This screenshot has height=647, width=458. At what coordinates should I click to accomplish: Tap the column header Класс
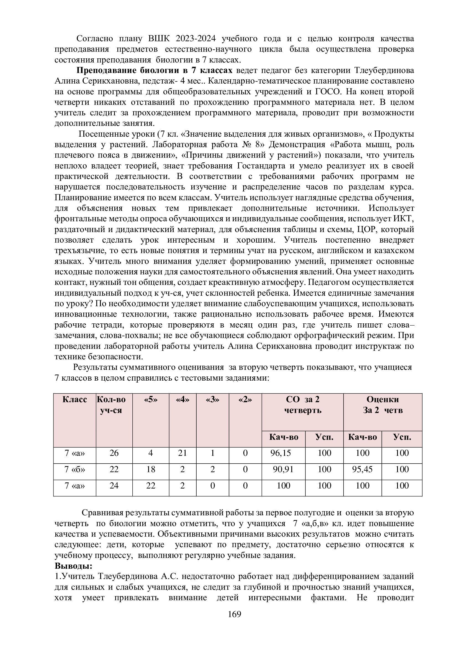coord(75,400)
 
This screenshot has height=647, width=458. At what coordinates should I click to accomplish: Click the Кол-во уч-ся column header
coord(111,405)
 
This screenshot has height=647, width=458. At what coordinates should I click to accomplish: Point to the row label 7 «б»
coord(75,469)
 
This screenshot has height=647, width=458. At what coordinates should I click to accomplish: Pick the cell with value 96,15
coord(280,453)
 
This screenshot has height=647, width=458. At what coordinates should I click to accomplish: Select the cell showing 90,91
coord(283,469)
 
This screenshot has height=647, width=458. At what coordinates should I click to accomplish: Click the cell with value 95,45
coord(362,469)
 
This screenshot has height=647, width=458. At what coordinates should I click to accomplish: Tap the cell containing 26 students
coord(114,453)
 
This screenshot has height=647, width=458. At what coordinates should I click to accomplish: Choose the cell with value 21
coord(182,453)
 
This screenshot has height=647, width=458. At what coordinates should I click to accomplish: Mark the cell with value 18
coord(151,469)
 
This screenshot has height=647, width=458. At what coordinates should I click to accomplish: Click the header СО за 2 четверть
coord(303,405)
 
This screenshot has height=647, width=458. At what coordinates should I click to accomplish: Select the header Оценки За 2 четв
coord(383,405)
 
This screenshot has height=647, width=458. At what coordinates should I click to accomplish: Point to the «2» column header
coord(245,400)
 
